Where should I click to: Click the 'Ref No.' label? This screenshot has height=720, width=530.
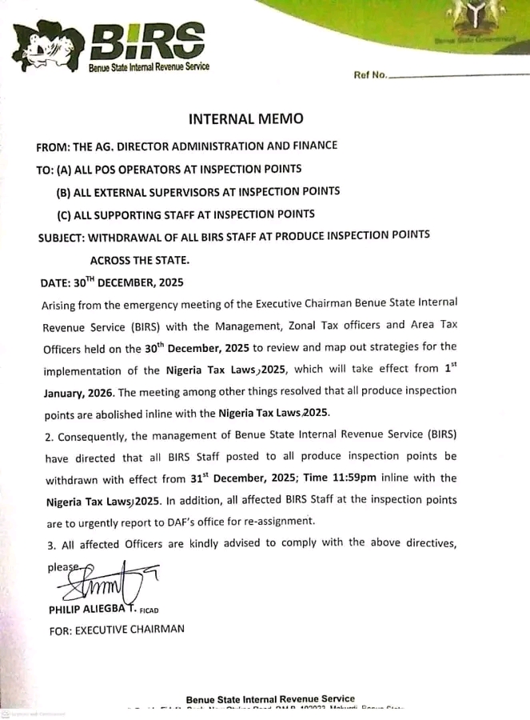[370, 76]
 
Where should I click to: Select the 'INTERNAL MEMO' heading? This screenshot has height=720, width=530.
[245, 119]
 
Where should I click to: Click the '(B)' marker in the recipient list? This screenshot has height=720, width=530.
[63, 192]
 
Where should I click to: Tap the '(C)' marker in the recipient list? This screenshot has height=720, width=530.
[63, 214]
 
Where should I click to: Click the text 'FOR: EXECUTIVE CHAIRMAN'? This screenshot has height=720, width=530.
[117, 630]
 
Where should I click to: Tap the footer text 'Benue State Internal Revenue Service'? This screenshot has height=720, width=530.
[270, 698]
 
